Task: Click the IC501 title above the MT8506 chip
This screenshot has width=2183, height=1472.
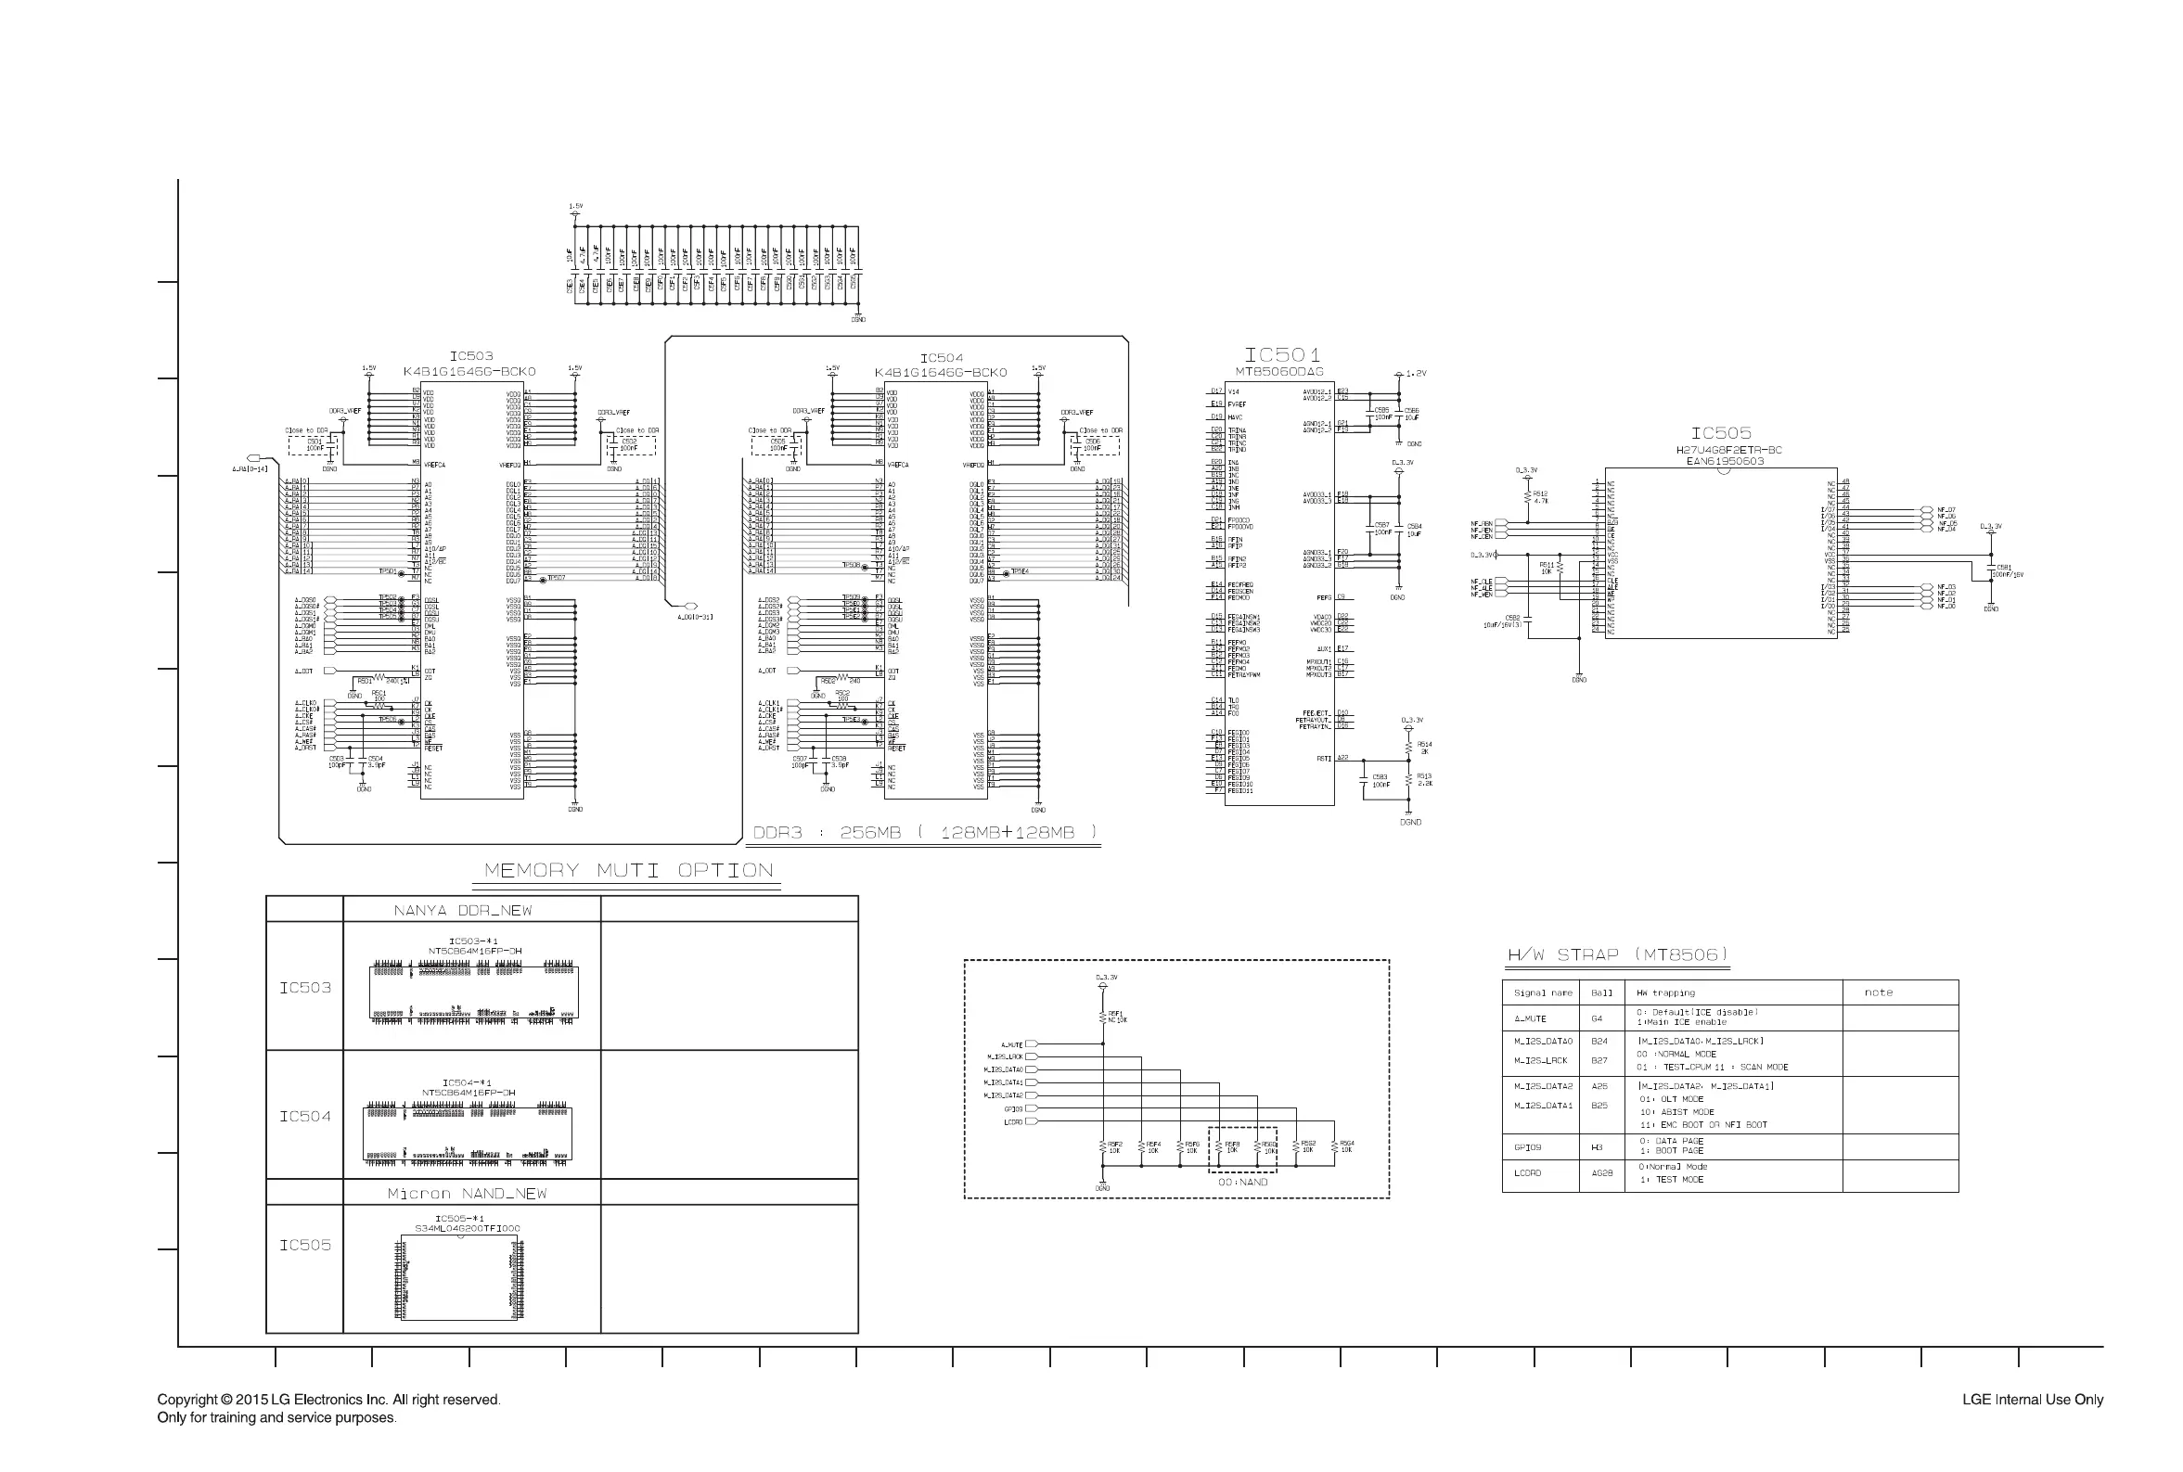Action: click(1282, 355)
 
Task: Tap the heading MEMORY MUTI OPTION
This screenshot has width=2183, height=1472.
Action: click(628, 870)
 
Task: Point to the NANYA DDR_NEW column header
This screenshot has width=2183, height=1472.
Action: click(463, 911)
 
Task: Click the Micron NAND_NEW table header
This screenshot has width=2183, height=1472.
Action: click(467, 1193)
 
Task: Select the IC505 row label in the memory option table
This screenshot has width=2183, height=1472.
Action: click(305, 1245)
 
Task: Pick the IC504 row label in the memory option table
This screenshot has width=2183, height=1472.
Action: click(305, 1116)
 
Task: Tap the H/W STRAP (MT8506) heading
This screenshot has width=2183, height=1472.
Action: click(1618, 954)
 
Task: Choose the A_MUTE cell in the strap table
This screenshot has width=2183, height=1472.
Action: click(1530, 1018)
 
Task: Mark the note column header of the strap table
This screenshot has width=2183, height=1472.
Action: click(1878, 992)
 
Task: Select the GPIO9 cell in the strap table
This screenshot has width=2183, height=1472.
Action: click(1528, 1147)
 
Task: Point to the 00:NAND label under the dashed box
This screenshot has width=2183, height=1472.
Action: click(1242, 1182)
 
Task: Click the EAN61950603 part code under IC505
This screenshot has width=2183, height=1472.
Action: click(1725, 461)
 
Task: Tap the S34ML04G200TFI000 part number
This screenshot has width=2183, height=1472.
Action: click(467, 1228)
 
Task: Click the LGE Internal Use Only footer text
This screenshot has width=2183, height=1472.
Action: click(2032, 1400)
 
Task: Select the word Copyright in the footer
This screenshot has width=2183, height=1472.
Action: click(186, 1400)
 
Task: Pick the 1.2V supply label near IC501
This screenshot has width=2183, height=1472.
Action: click(1417, 374)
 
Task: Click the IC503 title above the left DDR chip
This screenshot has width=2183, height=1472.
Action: click(470, 357)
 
